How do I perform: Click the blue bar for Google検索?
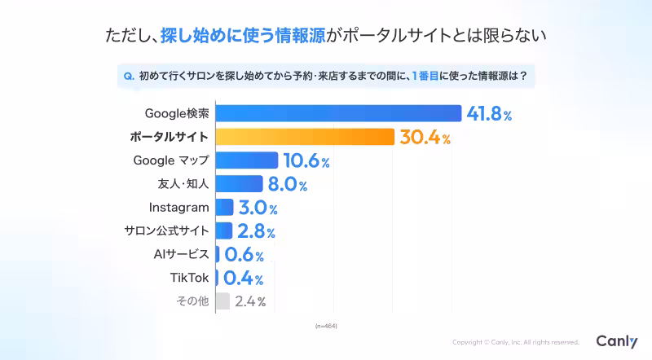pos(338,113)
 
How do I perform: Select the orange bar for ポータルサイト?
pos(306,137)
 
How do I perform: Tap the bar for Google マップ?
pos(247,160)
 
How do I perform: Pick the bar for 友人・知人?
pos(239,184)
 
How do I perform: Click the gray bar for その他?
pos(222,301)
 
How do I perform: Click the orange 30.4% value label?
pos(425,137)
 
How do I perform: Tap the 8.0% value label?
pos(288,184)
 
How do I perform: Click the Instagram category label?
pos(178,207)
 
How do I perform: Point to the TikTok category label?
pos(189,278)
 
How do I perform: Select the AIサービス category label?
pos(181,254)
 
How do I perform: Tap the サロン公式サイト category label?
pos(167,230)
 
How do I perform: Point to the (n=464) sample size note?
pos(325,326)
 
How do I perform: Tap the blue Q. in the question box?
pos(128,77)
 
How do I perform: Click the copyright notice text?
pos(515,343)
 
